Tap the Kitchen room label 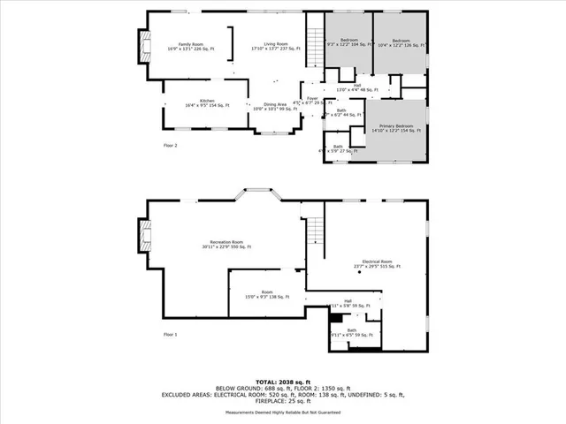pos(206,103)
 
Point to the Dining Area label pos(276,107)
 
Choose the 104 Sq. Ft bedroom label pos(348,42)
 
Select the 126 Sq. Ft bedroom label pos(399,42)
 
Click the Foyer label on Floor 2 pos(312,99)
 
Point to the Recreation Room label pos(226,245)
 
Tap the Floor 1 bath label pos(351,332)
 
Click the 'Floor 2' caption pos(171,145)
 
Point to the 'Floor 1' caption pos(171,335)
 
